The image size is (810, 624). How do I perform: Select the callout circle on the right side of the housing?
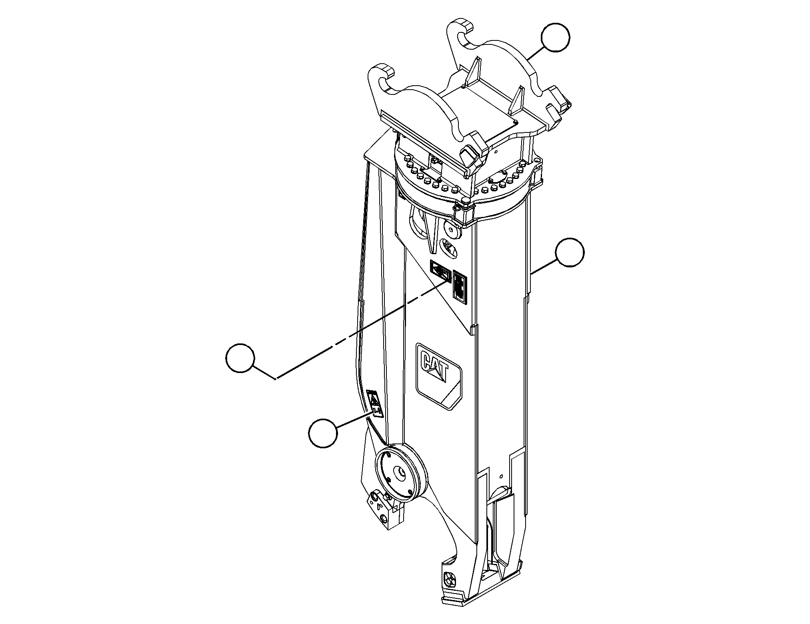570,252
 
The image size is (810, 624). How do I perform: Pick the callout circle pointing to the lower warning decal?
323,433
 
